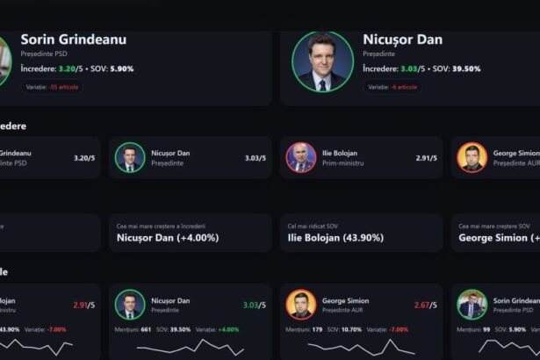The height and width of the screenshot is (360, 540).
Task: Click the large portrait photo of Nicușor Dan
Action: [322, 61]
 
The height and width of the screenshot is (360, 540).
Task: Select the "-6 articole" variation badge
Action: [392, 87]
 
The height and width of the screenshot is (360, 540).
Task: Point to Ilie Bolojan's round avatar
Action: [301, 157]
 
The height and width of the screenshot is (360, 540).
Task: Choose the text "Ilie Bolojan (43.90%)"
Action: [335, 237]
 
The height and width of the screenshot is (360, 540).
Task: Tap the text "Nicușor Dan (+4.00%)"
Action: [168, 237]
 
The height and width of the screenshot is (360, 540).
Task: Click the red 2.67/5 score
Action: [426, 305]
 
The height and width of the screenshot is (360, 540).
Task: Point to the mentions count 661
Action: [146, 329]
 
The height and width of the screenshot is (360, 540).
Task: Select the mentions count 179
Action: [317, 329]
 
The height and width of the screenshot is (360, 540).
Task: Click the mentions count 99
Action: [486, 329]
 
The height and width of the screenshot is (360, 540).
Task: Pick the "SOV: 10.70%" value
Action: [351, 329]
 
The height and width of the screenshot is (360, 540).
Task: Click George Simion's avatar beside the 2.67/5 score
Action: [301, 305]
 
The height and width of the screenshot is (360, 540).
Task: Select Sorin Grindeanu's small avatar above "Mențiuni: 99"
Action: [472, 305]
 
